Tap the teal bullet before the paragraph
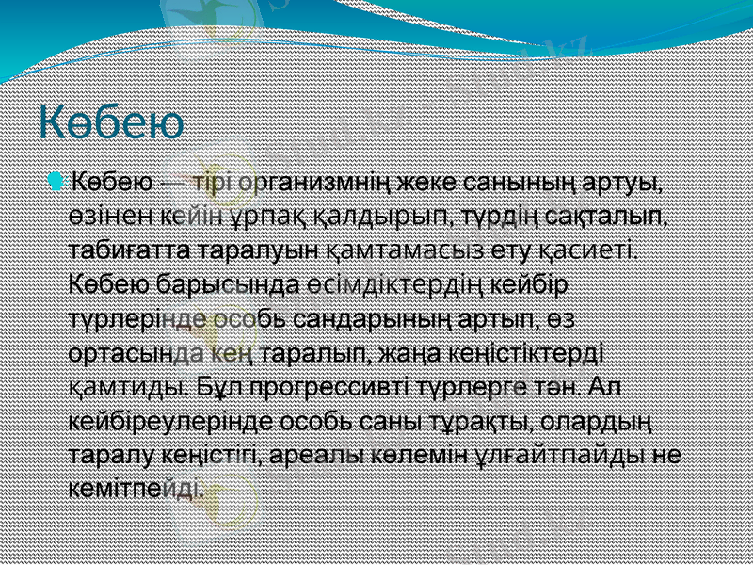point(59,180)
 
